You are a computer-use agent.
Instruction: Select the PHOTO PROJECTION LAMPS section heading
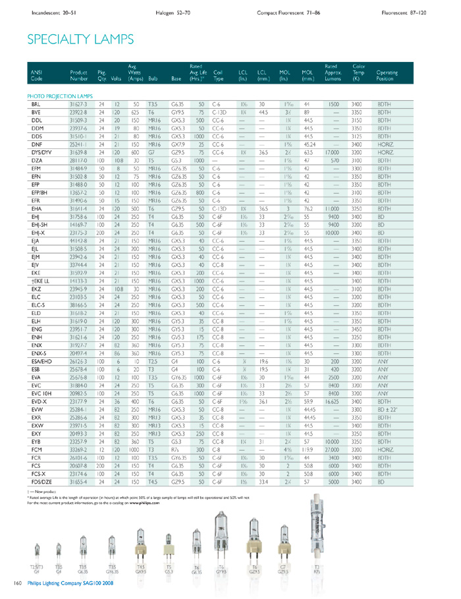[60, 96]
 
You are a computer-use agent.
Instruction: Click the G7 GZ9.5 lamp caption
[284, 569]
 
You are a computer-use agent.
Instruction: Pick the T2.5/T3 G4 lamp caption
[36, 569]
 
